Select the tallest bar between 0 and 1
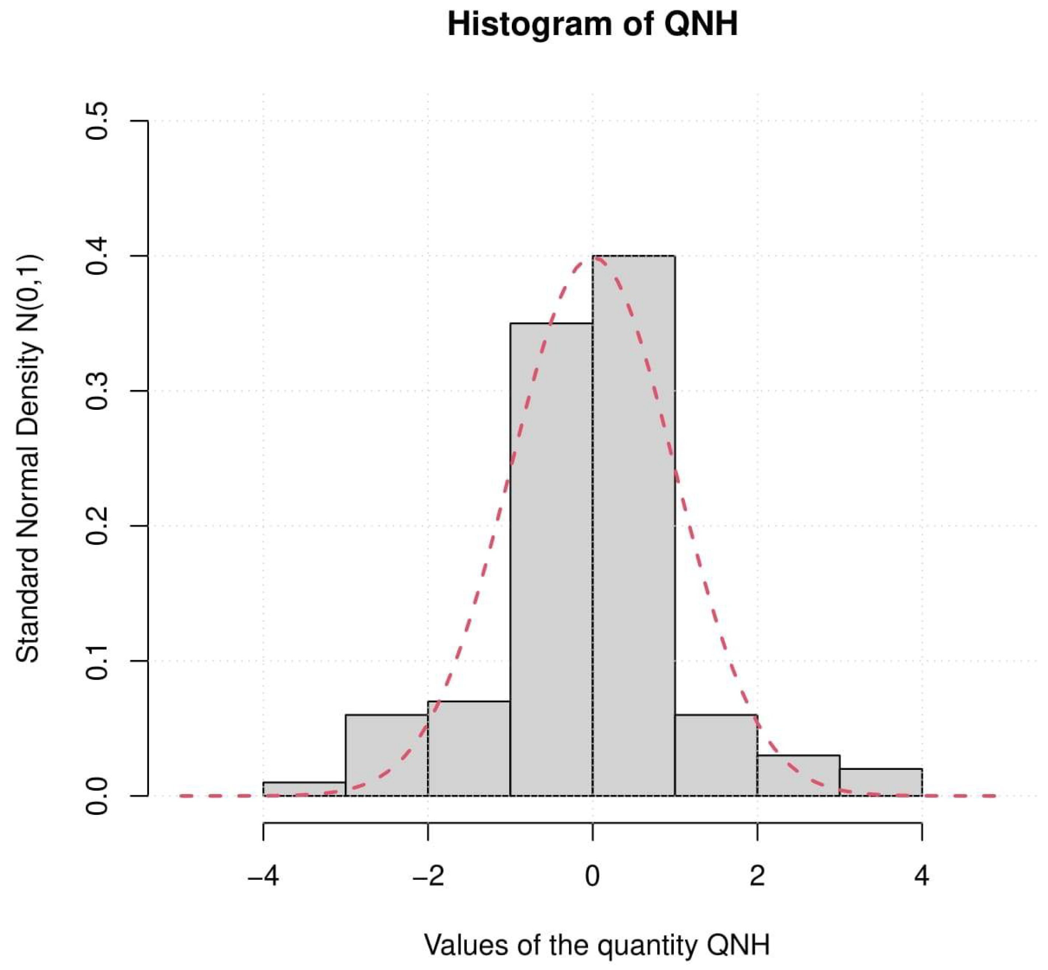click(634, 525)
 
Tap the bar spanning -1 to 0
click(551, 559)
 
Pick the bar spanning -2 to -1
click(469, 748)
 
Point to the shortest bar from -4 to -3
click(303, 789)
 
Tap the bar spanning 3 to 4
click(881, 782)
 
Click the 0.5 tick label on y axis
click(97, 121)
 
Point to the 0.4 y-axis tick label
click(97, 256)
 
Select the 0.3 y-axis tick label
click(97, 391)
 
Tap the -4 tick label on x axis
click(263, 876)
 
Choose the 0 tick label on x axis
click(593, 876)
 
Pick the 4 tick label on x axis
click(922, 876)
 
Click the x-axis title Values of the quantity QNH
click(597, 945)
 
